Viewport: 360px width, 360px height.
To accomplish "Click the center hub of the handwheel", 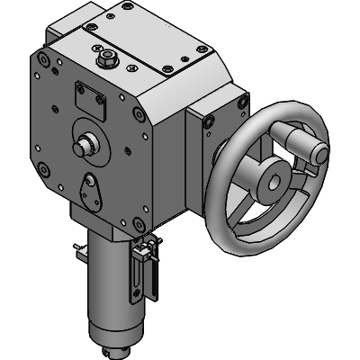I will [x=269, y=184].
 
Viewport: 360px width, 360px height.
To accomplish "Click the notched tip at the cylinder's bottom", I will [x=114, y=349].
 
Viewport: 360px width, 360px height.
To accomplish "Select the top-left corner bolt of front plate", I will [x=43, y=59].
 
